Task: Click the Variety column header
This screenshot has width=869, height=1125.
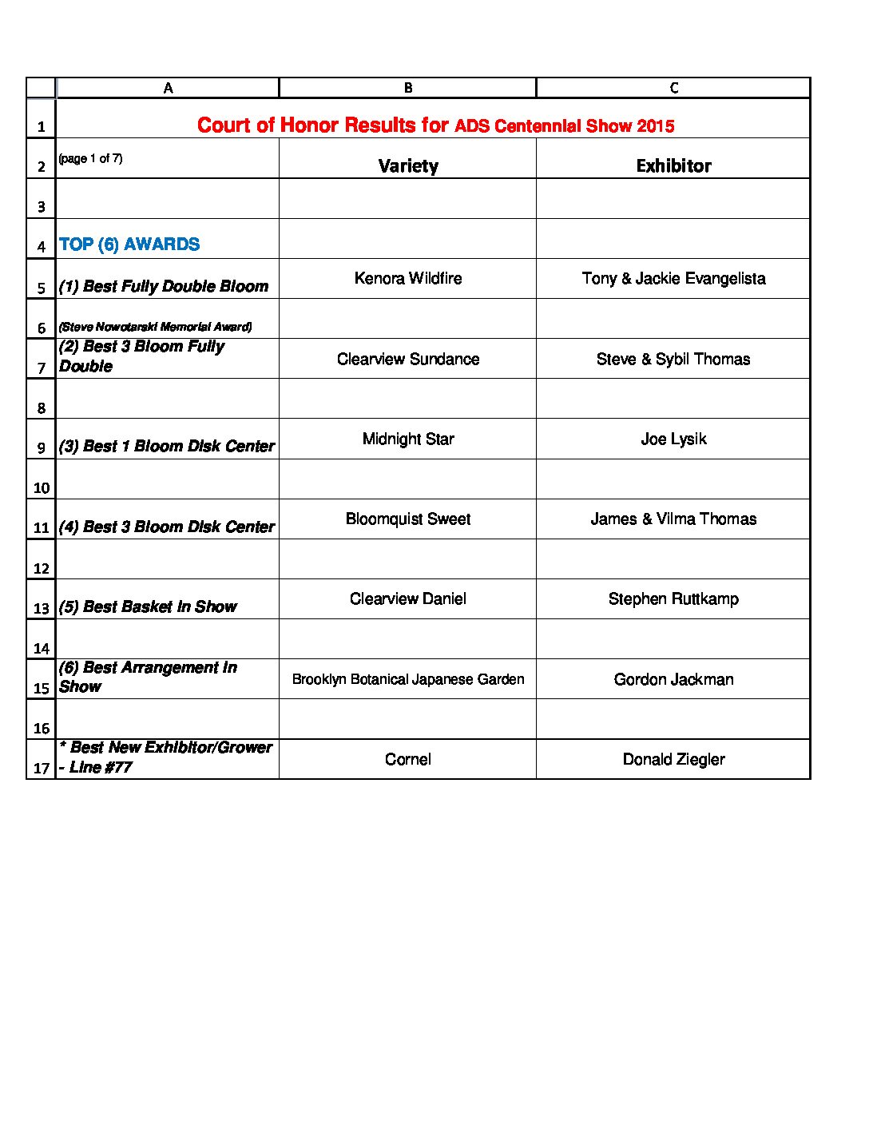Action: [x=408, y=165]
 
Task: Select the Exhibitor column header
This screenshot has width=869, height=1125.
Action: [x=673, y=165]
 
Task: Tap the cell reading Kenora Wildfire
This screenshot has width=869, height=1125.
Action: [x=408, y=278]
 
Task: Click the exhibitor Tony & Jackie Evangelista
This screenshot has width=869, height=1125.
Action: [x=673, y=278]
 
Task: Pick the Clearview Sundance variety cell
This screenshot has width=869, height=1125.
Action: [x=408, y=359]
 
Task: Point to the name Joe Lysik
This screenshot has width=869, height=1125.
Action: [x=673, y=439]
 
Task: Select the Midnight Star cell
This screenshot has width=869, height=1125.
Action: [x=408, y=439]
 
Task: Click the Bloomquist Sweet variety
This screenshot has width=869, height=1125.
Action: [x=408, y=519]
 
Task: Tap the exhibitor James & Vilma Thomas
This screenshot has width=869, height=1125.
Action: [x=673, y=519]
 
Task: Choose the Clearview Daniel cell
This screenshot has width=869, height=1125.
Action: [x=408, y=598]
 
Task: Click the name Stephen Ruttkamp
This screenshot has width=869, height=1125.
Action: [x=673, y=598]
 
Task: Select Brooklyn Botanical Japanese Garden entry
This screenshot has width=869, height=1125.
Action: [x=408, y=679]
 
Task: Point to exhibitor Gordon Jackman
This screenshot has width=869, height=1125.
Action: [x=673, y=679]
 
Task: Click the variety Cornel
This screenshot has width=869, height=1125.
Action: [x=408, y=759]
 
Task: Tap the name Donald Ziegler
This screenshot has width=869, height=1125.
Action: [x=673, y=759]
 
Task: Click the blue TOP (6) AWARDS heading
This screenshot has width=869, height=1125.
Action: [x=129, y=244]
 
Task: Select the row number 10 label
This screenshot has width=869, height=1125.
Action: [x=42, y=487]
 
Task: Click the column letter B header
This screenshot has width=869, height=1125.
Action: [x=408, y=88]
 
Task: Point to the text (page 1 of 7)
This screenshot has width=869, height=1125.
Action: [x=90, y=158]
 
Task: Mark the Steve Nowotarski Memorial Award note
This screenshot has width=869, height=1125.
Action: [x=156, y=327]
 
